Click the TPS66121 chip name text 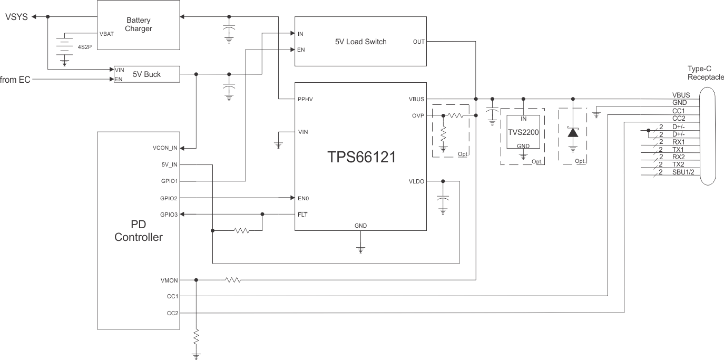(x=361, y=157)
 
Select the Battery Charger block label (x=139, y=24)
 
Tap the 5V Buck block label (x=146, y=74)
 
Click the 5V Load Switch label (x=360, y=42)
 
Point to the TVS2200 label (x=523, y=132)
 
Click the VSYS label (x=16, y=17)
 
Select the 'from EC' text (x=15, y=80)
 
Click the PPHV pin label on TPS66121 (x=306, y=99)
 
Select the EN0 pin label (x=304, y=198)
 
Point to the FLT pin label (x=302, y=215)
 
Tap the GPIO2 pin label (x=169, y=198)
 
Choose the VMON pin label (x=169, y=280)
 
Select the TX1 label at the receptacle (x=678, y=150)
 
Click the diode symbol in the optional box (x=573, y=132)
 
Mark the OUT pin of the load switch (x=419, y=42)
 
